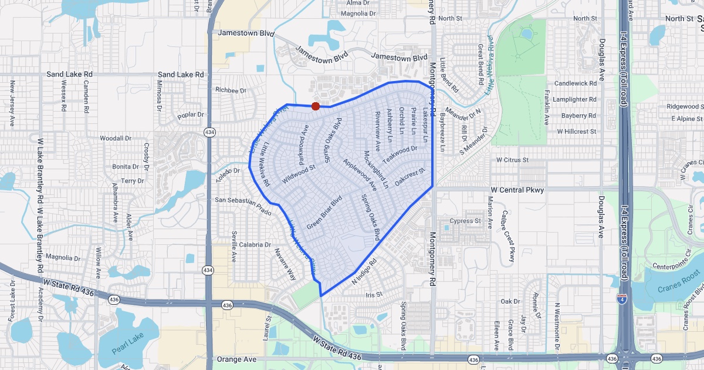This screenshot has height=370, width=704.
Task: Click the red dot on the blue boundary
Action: point(315,106)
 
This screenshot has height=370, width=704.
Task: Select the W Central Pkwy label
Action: point(517,190)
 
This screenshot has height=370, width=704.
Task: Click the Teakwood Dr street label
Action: point(400,156)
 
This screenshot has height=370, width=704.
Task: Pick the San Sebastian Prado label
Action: point(243,205)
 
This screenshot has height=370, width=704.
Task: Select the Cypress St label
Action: point(465,221)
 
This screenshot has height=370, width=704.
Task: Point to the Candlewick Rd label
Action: point(575,83)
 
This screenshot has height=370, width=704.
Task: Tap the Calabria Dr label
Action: point(254,244)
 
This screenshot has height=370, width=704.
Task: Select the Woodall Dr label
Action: point(115,139)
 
